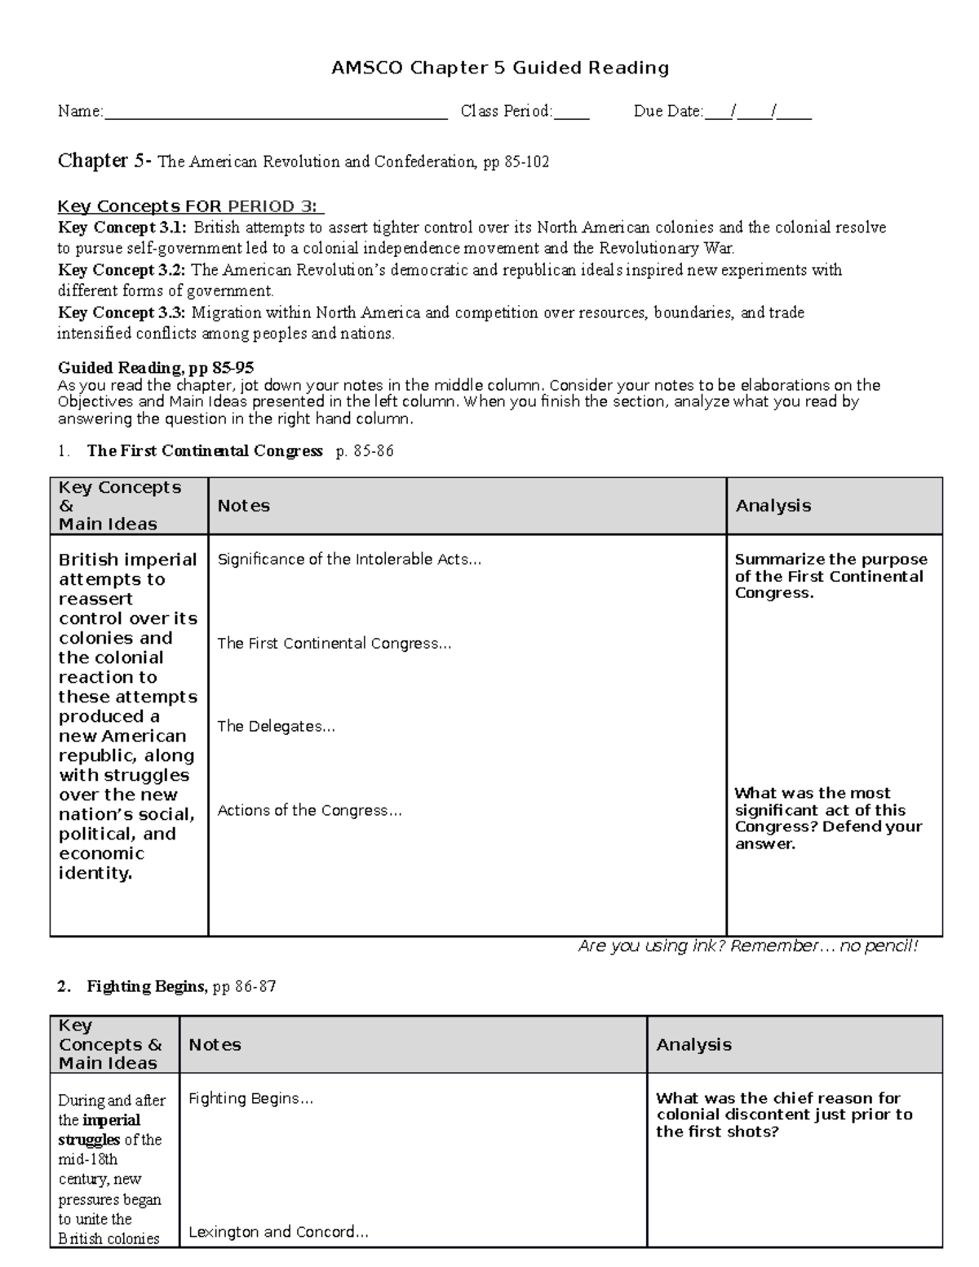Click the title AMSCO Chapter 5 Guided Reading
point(499,68)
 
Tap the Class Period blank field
point(571,113)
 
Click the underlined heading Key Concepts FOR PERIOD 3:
point(190,206)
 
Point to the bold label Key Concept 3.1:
point(122,228)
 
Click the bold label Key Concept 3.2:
point(122,270)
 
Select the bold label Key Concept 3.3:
point(122,312)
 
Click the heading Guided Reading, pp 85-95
point(156,368)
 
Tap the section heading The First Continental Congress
point(205,451)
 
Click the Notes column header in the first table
point(243,506)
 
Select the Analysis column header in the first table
point(773,506)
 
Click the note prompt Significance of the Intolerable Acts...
point(349,560)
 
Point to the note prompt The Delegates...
point(276,727)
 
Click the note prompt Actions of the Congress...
point(309,811)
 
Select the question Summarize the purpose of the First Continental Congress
point(830,576)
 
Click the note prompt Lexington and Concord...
point(278,1232)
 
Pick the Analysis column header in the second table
point(693,1044)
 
